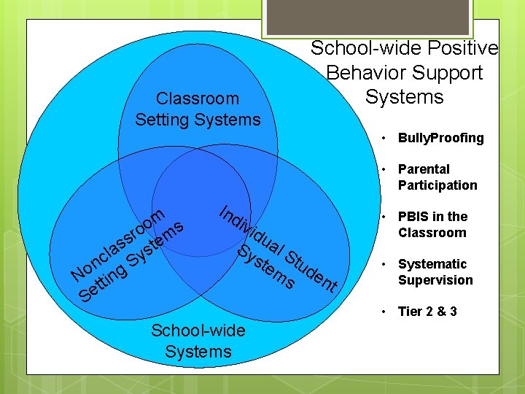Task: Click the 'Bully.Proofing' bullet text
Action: click(x=440, y=138)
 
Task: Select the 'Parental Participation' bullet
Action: click(x=437, y=177)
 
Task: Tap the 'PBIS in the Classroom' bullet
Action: click(x=432, y=225)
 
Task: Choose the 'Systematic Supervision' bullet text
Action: click(x=435, y=272)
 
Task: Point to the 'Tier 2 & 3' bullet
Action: click(x=427, y=312)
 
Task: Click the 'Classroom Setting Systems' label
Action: click(x=198, y=109)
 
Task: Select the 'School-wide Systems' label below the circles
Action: click(x=198, y=341)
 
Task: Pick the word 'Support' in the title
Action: click(x=449, y=73)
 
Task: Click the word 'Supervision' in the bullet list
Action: click(x=435, y=280)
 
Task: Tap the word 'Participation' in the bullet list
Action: click(x=437, y=185)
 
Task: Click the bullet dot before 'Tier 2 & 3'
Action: click(x=383, y=312)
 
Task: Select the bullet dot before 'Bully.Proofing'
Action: click(x=383, y=138)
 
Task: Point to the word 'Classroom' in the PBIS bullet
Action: click(x=432, y=233)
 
